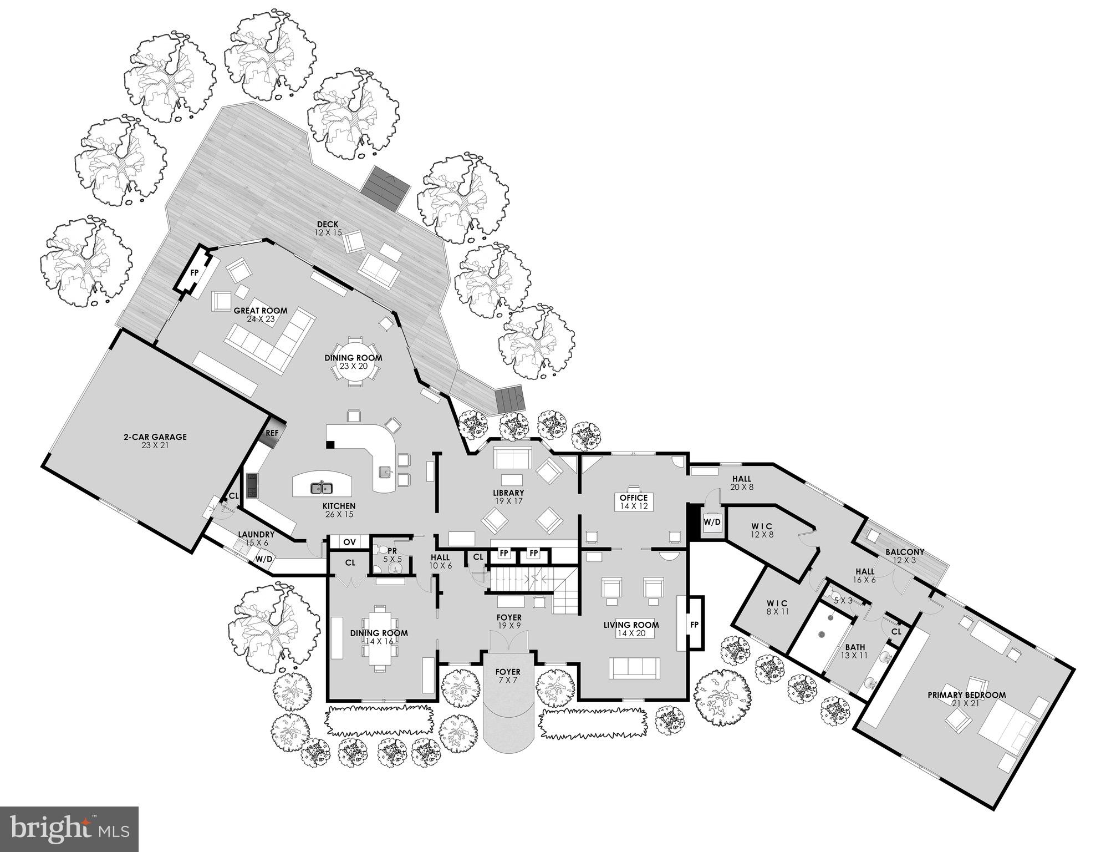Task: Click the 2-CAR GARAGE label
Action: [155, 440]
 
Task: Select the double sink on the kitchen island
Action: [321, 488]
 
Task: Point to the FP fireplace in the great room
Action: [195, 273]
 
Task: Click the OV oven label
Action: [349, 541]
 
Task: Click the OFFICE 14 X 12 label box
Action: [634, 501]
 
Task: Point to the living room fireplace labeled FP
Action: [694, 624]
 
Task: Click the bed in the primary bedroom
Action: [1007, 725]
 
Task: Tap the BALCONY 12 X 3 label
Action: [905, 556]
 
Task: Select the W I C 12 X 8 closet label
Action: [762, 530]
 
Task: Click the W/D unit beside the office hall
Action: [712, 522]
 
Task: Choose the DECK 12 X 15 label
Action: [328, 229]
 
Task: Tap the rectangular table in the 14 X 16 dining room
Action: [380, 638]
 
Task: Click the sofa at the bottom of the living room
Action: [634, 668]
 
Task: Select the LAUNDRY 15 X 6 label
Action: [256, 538]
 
